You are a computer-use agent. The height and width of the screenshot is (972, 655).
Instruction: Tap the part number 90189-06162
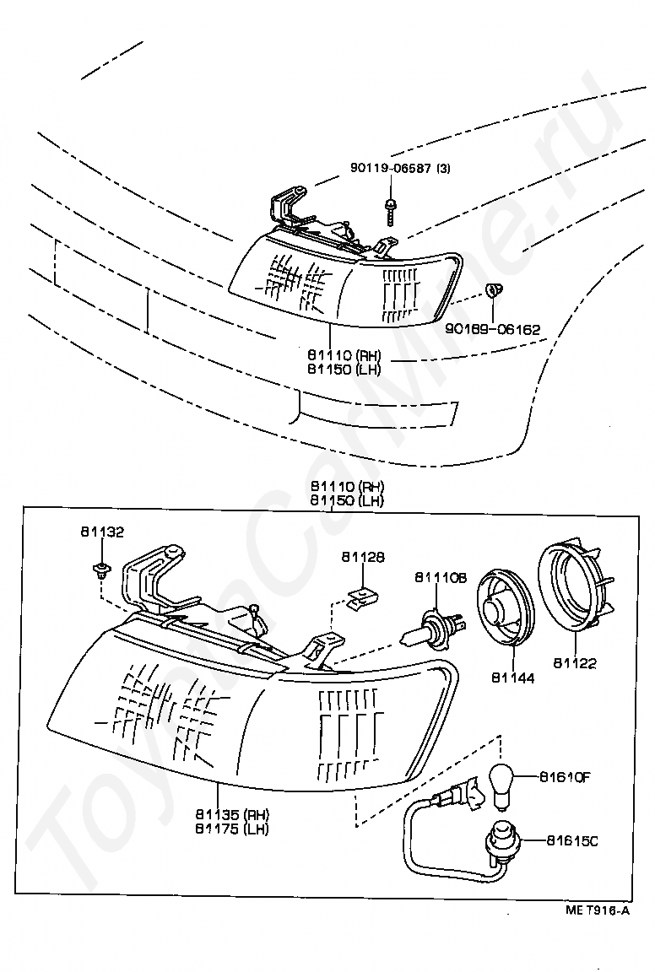tap(492, 329)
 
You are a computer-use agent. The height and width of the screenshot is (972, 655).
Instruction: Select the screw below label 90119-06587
tap(392, 211)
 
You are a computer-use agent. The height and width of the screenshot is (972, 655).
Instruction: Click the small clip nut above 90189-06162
tap(493, 289)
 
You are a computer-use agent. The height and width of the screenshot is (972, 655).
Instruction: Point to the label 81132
tap(102, 532)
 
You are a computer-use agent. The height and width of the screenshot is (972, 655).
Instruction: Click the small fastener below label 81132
tap(100, 570)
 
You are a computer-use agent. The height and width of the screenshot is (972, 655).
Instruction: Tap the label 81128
tap(362, 557)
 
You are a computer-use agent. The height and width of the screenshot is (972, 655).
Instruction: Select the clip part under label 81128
tap(361, 599)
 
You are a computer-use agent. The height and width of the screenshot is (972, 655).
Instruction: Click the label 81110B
tap(441, 578)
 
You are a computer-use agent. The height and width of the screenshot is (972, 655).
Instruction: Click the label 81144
tap(513, 678)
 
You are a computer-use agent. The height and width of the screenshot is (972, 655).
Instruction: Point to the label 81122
tap(575, 663)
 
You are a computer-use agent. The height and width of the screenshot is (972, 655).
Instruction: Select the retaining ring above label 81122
tap(574, 590)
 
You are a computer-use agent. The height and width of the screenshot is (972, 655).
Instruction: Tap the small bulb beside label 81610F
tap(501, 785)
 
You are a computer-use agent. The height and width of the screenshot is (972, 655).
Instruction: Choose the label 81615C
tap(572, 841)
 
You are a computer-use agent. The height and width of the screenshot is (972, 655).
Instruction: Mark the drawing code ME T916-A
tap(598, 910)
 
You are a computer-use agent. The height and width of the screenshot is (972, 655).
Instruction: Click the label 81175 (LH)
tap(232, 829)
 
